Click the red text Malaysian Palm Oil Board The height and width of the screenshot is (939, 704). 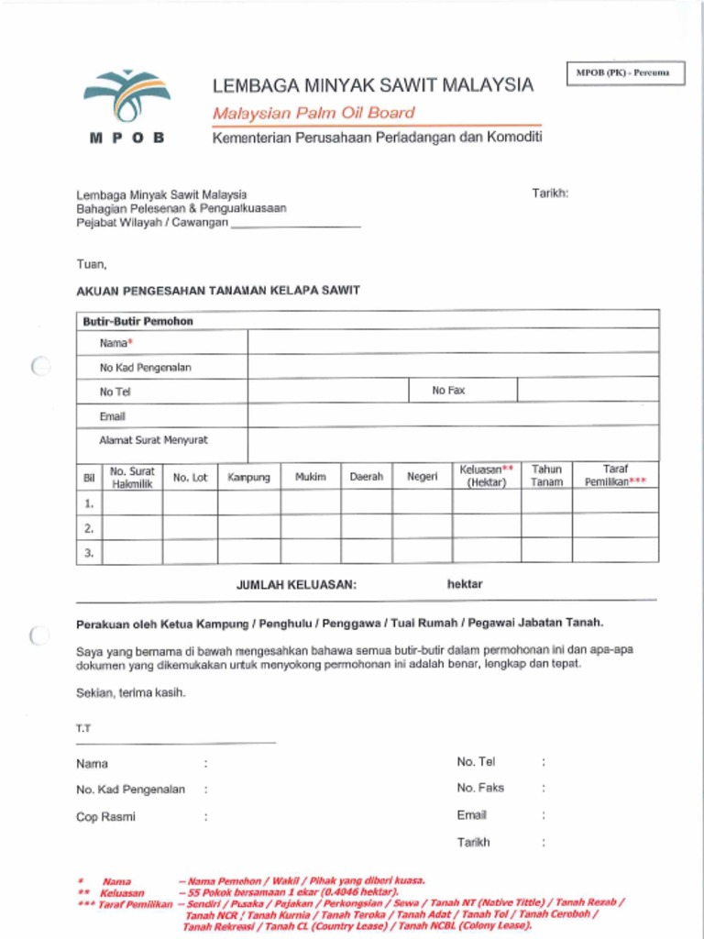tap(313, 114)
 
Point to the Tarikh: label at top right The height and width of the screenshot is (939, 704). tap(550, 193)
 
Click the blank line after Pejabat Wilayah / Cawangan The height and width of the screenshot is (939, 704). tap(295, 224)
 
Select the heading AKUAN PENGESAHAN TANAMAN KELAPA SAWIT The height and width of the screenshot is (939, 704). tap(218, 291)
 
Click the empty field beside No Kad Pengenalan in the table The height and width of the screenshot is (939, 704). tap(453, 367)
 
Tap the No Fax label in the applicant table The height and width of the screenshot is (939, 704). tap(448, 391)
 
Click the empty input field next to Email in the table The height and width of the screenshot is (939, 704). tap(453, 415)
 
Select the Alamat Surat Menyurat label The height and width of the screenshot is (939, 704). tap(153, 440)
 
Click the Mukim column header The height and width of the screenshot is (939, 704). tap(311, 477)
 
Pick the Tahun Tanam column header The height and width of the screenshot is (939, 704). tap(546, 475)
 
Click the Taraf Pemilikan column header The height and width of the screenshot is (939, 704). tap(615, 475)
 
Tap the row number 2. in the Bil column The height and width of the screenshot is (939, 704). tap(89, 528)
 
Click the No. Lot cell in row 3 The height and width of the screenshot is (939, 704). tap(190, 552)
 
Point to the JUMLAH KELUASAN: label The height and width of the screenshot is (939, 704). tap(296, 585)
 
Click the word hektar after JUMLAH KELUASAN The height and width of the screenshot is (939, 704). tap(465, 584)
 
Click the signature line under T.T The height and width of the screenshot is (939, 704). tap(175, 742)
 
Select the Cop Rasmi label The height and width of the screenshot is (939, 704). tap(105, 817)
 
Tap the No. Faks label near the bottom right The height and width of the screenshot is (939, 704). tap(480, 788)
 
